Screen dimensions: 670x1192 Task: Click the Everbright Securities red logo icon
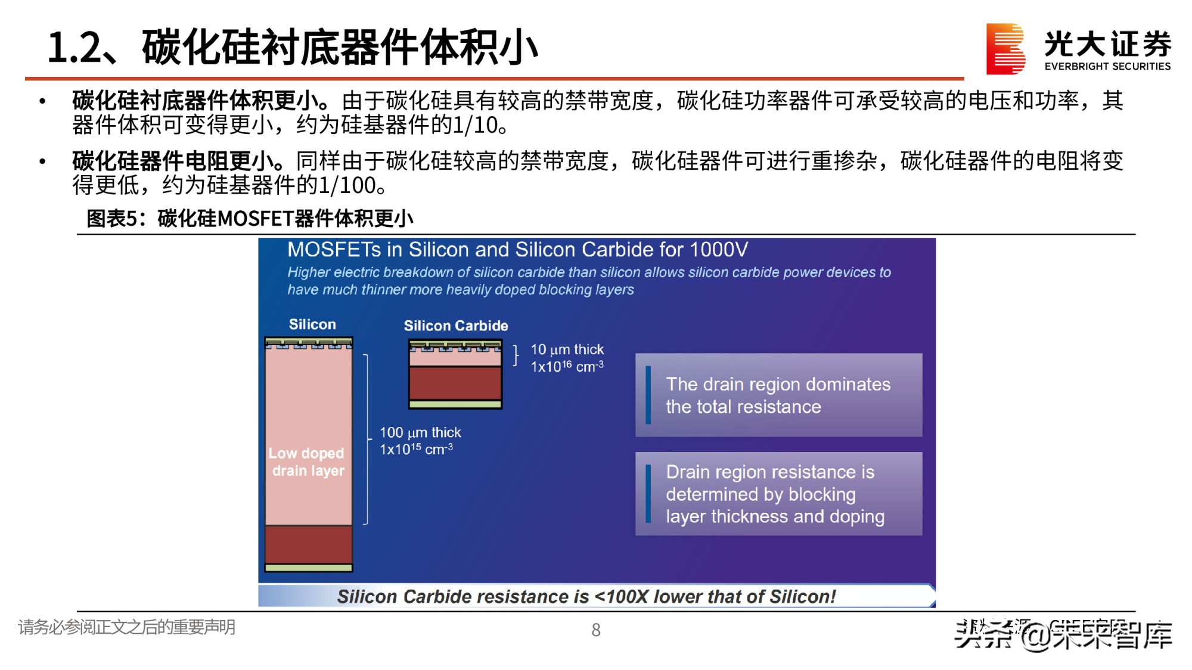click(1005, 49)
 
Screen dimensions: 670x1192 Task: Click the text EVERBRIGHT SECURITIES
click(1107, 66)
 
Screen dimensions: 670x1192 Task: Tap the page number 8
click(595, 630)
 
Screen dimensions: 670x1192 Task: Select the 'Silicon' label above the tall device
click(312, 325)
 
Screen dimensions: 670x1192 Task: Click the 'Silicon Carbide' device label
click(456, 326)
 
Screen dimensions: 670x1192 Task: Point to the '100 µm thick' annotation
click(420, 432)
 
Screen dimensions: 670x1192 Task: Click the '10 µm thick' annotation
click(567, 350)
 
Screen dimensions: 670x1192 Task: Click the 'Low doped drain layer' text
click(307, 462)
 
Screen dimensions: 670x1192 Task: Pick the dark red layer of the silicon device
click(308, 544)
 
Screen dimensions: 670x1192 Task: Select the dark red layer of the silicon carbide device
click(455, 383)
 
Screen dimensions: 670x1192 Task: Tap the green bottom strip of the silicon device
click(308, 568)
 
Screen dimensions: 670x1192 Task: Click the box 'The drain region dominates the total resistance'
click(778, 395)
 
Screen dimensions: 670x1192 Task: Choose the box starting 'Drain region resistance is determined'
click(778, 494)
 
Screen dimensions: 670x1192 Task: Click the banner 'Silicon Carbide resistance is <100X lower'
click(587, 596)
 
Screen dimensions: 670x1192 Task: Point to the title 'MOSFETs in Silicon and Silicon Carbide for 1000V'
click(517, 250)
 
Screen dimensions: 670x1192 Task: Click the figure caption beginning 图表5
click(250, 219)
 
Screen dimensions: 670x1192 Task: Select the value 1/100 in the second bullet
click(346, 185)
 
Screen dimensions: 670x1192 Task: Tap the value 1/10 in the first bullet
click(475, 125)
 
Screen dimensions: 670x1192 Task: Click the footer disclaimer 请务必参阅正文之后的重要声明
click(127, 627)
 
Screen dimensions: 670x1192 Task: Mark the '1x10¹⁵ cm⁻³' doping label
click(416, 449)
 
